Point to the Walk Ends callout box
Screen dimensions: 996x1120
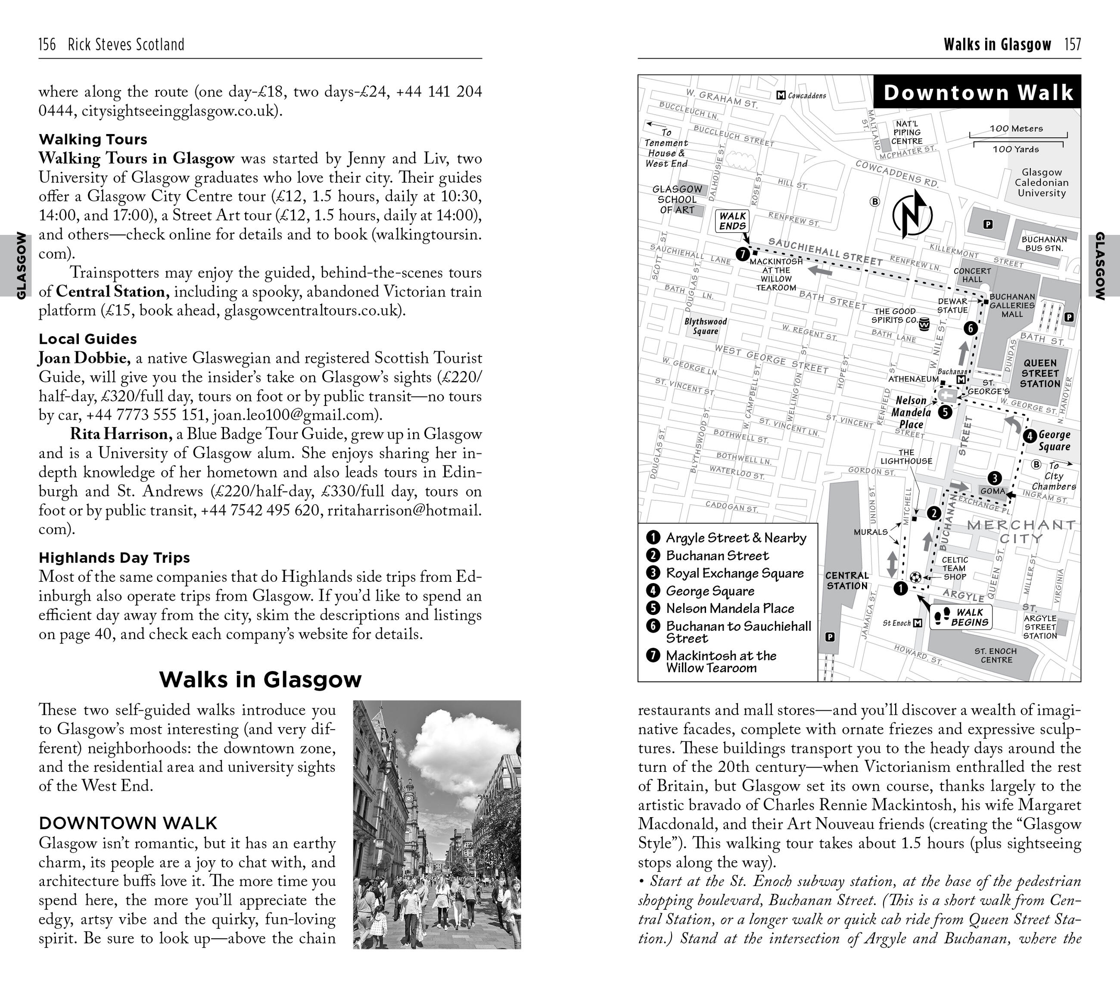[732, 221]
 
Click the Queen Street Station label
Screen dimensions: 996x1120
[1040, 373]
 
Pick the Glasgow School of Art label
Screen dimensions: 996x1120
[677, 199]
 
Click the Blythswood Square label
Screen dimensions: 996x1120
[705, 326]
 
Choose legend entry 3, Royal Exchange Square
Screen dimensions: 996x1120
[734, 573]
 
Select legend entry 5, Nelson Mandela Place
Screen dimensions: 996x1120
[730, 609]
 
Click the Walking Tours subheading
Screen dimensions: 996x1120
[93, 139]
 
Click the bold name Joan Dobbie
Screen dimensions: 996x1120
[84, 358]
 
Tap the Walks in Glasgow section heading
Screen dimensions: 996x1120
[260, 679]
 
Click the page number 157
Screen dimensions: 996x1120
[1072, 44]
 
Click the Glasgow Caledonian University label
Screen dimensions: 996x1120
[1041, 183]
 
